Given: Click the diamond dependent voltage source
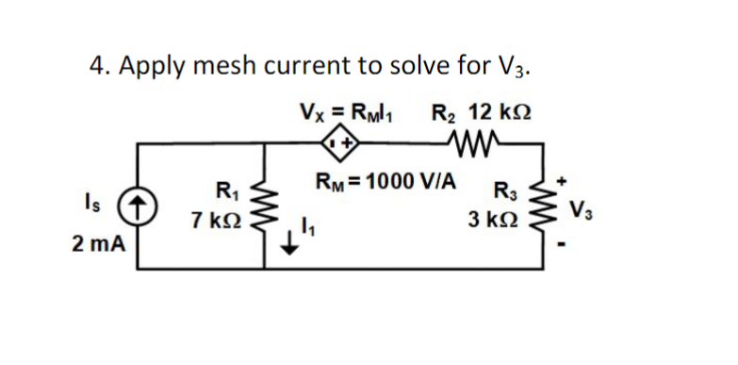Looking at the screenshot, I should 338,144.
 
